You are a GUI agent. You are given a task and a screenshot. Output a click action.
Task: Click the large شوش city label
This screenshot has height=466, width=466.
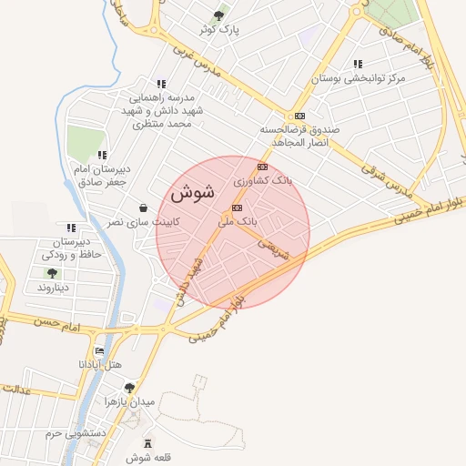click(x=191, y=193)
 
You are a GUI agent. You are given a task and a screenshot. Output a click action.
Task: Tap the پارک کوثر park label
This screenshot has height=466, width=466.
click(x=221, y=30)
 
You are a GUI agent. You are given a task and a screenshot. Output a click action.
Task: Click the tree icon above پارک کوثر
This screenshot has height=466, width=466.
click(x=218, y=15)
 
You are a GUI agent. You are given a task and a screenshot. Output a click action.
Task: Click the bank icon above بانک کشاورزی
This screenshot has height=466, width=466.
click(x=262, y=167)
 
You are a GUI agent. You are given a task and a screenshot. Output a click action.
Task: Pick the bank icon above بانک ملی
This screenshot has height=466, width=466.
click(x=238, y=208)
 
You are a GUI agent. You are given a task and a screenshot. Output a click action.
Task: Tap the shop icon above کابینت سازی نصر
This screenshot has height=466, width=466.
click(x=144, y=208)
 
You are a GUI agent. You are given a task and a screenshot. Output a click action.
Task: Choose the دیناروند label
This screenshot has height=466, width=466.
click(x=52, y=287)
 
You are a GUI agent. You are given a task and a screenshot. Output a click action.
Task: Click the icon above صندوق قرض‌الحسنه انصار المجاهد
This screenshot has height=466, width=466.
click(x=299, y=116)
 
